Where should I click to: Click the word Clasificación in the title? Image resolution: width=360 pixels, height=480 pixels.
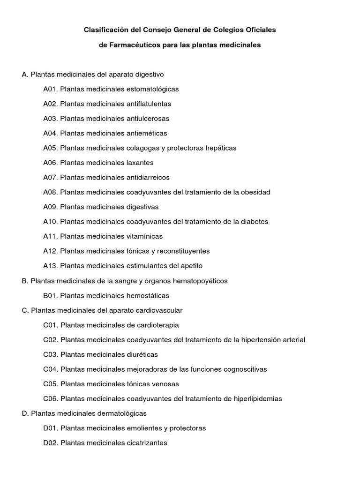105,30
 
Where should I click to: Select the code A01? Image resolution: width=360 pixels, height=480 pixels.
50,89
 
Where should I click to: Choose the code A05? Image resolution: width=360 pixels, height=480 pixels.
50,148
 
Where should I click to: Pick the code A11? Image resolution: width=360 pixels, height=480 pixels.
50,237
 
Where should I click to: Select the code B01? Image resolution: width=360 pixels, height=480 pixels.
50,296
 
